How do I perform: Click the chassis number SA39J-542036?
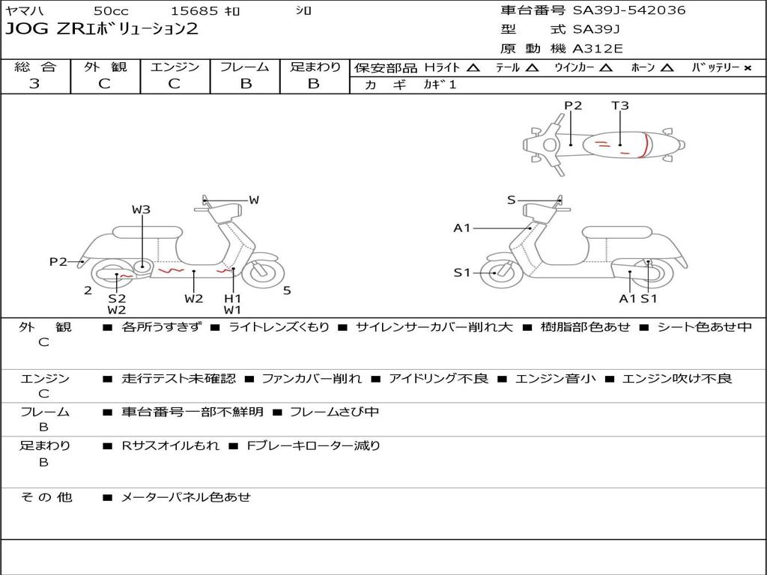(629, 10)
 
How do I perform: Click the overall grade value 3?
(34, 84)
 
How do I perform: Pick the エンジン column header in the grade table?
(175, 67)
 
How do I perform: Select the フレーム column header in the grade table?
(244, 67)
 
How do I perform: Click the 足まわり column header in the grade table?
(315, 67)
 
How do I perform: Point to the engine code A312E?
(598, 49)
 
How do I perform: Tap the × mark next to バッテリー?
(748, 67)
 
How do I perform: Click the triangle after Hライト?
(473, 67)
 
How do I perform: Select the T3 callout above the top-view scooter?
(620, 106)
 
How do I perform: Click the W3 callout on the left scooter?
(142, 210)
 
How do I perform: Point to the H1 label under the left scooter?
(233, 298)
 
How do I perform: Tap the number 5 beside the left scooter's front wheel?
(287, 290)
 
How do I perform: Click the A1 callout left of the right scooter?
(461, 228)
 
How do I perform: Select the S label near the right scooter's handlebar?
(511, 200)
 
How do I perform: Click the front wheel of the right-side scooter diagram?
(496, 273)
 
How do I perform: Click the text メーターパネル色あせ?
(186, 497)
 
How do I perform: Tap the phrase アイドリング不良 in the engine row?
(438, 379)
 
